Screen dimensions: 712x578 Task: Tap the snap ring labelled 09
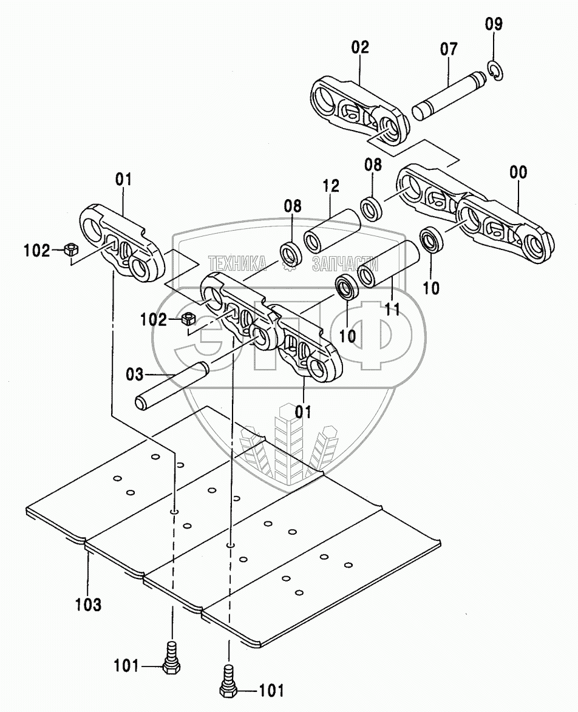495,71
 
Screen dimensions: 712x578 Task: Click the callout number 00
518,172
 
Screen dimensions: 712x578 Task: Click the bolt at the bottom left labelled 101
171,660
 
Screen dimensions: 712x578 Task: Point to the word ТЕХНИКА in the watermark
237,263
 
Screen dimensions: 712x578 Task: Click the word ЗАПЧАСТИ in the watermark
345,263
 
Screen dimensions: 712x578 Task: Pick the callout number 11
392,309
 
